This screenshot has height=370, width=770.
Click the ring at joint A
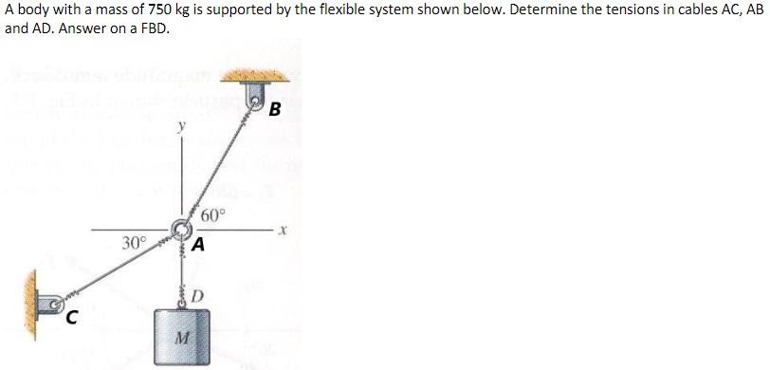(180, 229)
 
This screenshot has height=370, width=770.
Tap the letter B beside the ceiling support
(274, 108)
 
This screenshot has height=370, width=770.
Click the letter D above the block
(196, 294)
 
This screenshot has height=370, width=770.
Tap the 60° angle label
(214, 214)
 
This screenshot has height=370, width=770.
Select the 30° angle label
(135, 243)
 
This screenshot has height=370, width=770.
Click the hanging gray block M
(179, 335)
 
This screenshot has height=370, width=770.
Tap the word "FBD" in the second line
(156, 28)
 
